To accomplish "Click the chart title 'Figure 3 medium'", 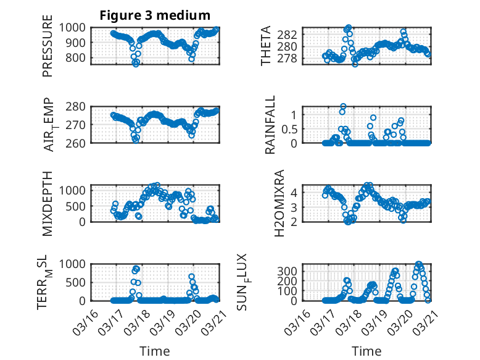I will point(155,15).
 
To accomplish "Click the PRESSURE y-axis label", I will point(48,50).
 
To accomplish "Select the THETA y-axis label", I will point(266,46).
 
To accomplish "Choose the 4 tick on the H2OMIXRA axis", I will point(295,192).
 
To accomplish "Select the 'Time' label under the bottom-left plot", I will point(155,351).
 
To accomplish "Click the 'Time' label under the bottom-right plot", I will point(366,351).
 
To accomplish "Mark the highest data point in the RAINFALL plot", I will point(343,106).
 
